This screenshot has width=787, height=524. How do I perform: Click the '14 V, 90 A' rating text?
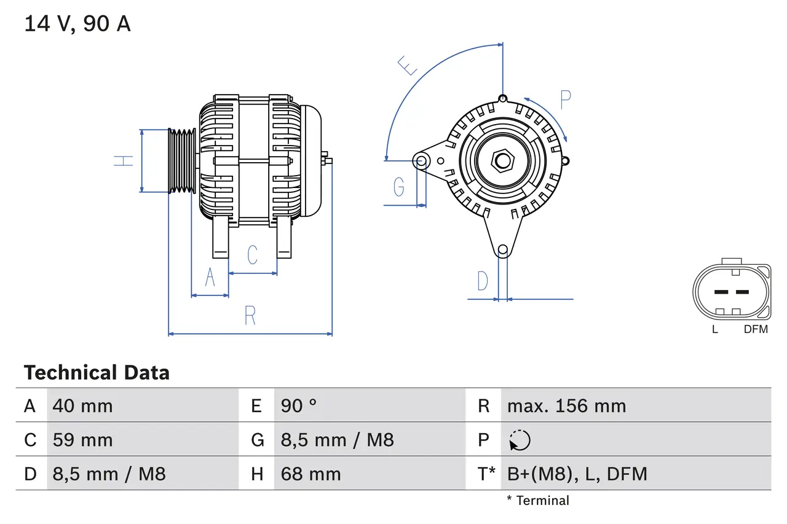(77, 23)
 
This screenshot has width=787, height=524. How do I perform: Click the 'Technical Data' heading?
(97, 372)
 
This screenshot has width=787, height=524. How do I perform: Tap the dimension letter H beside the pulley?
(124, 161)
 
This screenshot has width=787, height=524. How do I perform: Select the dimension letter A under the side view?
(210, 278)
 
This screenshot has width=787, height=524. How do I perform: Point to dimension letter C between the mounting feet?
(252, 254)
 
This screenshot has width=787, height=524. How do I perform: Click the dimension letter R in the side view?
(250, 315)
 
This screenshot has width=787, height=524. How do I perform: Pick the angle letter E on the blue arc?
(408, 65)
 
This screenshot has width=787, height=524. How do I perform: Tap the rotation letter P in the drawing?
(566, 100)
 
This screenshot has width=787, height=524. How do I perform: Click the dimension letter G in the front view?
(399, 186)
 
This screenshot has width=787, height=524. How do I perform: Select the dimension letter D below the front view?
(483, 281)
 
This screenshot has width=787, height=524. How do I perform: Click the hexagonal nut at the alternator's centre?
(503, 161)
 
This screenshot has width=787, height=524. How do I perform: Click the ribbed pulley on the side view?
(182, 161)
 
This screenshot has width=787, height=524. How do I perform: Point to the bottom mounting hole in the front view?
(503, 249)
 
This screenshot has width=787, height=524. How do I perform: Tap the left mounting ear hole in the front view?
(422, 161)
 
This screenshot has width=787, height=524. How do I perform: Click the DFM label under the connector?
(756, 329)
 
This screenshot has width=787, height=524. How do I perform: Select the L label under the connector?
(715, 329)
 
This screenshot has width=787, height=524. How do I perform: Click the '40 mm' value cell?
(83, 406)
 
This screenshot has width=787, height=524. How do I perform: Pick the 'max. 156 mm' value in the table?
(566, 406)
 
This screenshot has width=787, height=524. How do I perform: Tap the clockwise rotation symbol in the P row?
(520, 440)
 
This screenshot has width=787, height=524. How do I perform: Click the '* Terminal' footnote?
(538, 501)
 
